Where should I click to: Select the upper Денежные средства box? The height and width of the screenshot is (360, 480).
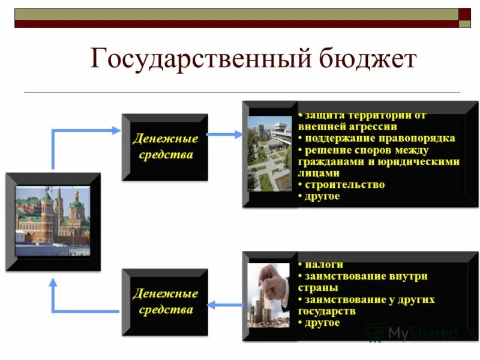165,147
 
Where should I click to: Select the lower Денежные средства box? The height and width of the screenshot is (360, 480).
165,302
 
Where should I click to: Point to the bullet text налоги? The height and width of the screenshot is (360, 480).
323,265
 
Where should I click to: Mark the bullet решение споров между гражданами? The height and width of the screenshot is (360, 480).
378,161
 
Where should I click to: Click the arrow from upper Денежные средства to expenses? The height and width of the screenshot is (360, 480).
225,134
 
